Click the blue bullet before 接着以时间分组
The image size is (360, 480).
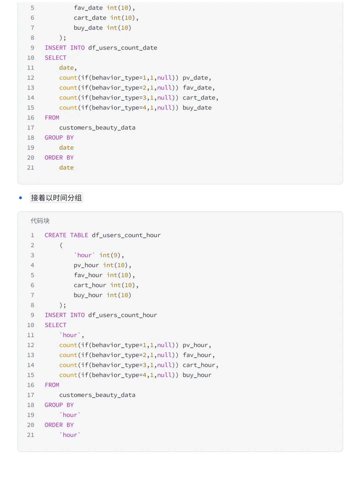(21, 198)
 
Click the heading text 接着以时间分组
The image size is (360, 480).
(56, 198)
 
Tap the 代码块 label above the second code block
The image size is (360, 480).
(40, 221)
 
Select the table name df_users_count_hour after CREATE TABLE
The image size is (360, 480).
(126, 235)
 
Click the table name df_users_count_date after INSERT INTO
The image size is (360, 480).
(123, 48)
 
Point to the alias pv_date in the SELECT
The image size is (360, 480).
(195, 78)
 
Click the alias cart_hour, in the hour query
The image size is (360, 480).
(199, 365)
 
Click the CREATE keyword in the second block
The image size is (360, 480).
(56, 235)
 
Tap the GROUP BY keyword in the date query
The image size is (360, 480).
(59, 138)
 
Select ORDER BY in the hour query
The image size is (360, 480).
(59, 425)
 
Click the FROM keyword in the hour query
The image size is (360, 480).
(52, 385)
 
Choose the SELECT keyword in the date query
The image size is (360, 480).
(56, 58)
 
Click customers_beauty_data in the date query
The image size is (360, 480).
(97, 127)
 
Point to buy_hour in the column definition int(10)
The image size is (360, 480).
(88, 295)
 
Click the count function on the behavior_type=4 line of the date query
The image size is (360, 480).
(68, 108)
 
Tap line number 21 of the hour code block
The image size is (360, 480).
(31, 435)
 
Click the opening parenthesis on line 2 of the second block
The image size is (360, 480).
(61, 245)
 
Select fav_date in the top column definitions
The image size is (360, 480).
(88, 8)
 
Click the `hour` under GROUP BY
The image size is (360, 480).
(70, 415)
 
